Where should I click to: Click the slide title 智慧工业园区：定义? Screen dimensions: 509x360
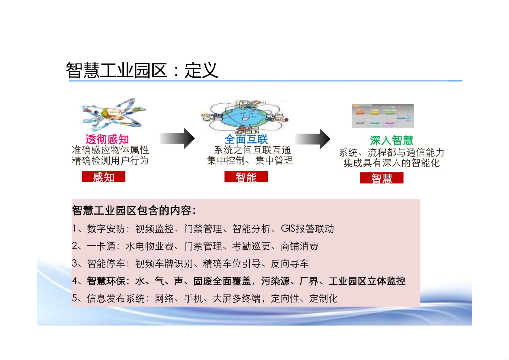click(x=142, y=70)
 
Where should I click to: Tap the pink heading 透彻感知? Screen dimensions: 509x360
click(x=107, y=139)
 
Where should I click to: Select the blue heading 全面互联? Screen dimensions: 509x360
click(x=246, y=139)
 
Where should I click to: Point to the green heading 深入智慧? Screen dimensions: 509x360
click(x=391, y=140)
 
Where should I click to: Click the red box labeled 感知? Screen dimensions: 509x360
click(x=104, y=177)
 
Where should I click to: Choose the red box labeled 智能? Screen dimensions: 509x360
click(x=246, y=177)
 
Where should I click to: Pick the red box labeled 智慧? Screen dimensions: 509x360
click(x=382, y=178)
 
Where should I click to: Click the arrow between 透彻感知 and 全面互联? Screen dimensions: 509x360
click(x=177, y=138)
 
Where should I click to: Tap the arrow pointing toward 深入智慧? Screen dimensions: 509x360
click(x=313, y=139)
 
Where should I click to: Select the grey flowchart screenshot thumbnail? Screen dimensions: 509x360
click(x=383, y=116)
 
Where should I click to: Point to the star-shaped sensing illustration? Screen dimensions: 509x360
click(x=114, y=115)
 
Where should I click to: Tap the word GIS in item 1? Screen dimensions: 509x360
click(x=288, y=228)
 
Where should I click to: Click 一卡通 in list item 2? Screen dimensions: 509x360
click(x=101, y=246)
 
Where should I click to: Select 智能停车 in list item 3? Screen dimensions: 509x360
click(x=106, y=264)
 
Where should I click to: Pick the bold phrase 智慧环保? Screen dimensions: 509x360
click(x=106, y=281)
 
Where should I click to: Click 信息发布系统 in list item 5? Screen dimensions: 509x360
click(x=116, y=298)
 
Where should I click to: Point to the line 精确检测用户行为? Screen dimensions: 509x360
click(x=110, y=161)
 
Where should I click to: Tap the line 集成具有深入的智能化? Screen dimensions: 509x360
click(x=391, y=163)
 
